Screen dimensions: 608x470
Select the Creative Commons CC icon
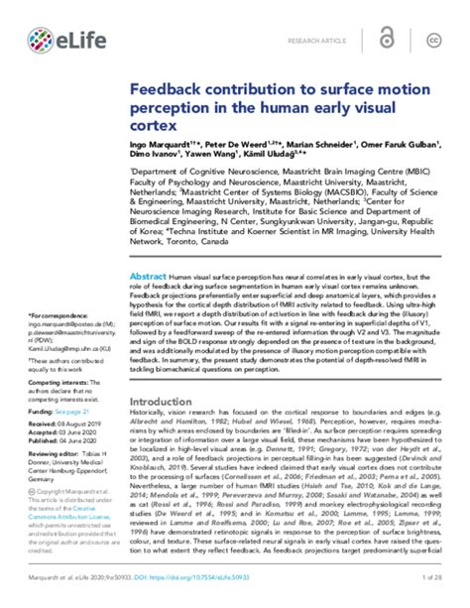[x=432, y=41]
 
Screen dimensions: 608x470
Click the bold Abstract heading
[x=148, y=250]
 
